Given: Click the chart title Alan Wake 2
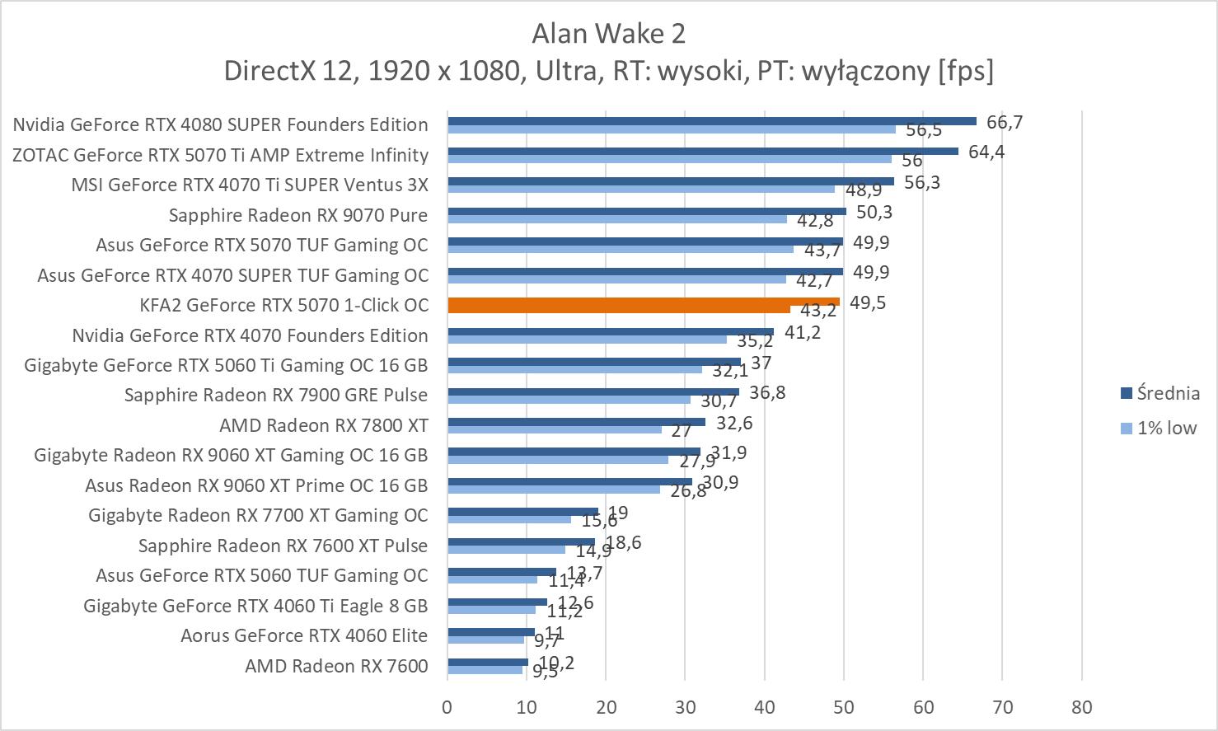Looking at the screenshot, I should [608, 33].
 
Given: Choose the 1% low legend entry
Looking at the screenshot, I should [1166, 428].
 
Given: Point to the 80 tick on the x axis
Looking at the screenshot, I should [1081, 706].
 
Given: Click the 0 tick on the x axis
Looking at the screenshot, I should [447, 706].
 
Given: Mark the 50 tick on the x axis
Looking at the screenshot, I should [844, 706].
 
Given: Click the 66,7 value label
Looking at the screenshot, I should [1004, 122].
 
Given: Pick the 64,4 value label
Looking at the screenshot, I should [986, 152].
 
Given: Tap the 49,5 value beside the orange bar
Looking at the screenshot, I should [867, 302].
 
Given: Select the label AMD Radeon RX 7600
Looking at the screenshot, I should [336, 666].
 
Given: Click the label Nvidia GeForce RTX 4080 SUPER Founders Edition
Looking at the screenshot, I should [221, 124].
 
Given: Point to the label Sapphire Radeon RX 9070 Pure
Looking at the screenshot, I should [298, 215].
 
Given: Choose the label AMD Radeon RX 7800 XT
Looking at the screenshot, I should [324, 425].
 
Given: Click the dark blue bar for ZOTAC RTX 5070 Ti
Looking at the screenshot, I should [703, 151].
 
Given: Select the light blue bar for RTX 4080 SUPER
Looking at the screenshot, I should [672, 129].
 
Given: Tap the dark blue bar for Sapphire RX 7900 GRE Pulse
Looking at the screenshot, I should [593, 392].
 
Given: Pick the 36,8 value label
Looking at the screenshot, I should [767, 392].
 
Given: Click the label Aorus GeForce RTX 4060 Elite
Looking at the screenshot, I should [304, 635].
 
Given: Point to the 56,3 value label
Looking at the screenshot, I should [922, 182].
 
